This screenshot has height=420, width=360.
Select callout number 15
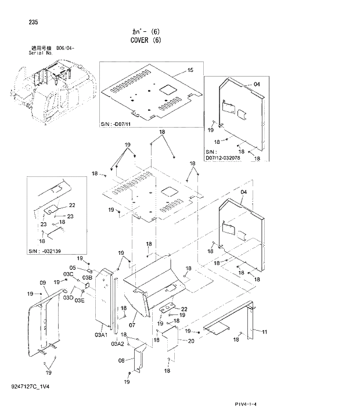point(190,70)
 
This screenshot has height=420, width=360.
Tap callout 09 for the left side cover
point(42,283)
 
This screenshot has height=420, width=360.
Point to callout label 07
point(133,317)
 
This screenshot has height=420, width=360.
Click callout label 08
point(121,360)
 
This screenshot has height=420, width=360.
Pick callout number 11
point(264,331)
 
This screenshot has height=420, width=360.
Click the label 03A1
point(101,335)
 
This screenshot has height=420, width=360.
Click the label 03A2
point(118,344)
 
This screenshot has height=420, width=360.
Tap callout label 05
point(73,268)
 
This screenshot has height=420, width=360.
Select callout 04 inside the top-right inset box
point(257,85)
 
